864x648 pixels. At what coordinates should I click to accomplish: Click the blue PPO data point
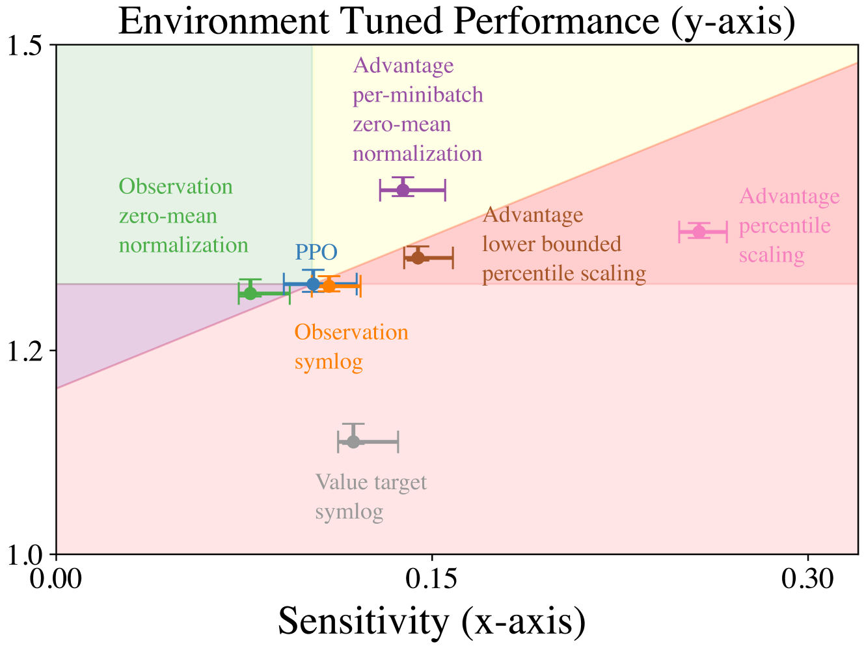[x=314, y=284]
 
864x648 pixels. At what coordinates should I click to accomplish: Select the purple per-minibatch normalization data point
[x=403, y=190]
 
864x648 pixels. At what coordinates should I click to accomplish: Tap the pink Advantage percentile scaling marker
[x=699, y=232]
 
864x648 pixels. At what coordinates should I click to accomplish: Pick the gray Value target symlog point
[x=353, y=442]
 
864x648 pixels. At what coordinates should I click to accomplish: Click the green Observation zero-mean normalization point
[x=250, y=293]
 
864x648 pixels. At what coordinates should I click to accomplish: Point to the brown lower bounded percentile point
[x=418, y=257]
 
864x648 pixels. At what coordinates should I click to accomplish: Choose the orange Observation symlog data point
[x=329, y=286]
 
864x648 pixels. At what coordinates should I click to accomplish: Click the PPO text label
[x=316, y=252]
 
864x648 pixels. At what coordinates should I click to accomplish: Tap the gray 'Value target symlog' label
[x=371, y=497]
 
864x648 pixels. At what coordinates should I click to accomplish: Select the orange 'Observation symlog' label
[x=351, y=347]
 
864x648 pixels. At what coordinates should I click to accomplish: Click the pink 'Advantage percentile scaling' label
[x=789, y=226]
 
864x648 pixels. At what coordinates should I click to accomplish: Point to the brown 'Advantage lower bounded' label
[x=564, y=244]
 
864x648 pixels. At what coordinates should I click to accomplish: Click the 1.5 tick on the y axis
[x=26, y=46]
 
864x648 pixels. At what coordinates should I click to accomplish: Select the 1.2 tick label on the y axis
[x=26, y=351]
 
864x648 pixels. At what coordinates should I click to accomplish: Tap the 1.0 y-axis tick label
[x=26, y=554]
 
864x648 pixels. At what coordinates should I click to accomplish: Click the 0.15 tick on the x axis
[x=433, y=578]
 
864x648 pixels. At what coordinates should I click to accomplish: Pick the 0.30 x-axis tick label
[x=807, y=578]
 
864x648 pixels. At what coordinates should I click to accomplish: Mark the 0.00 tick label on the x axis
[x=57, y=578]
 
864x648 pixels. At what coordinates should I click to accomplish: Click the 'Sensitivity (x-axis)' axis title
[x=432, y=621]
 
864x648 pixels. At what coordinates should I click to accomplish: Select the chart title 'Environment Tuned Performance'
[x=457, y=21]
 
